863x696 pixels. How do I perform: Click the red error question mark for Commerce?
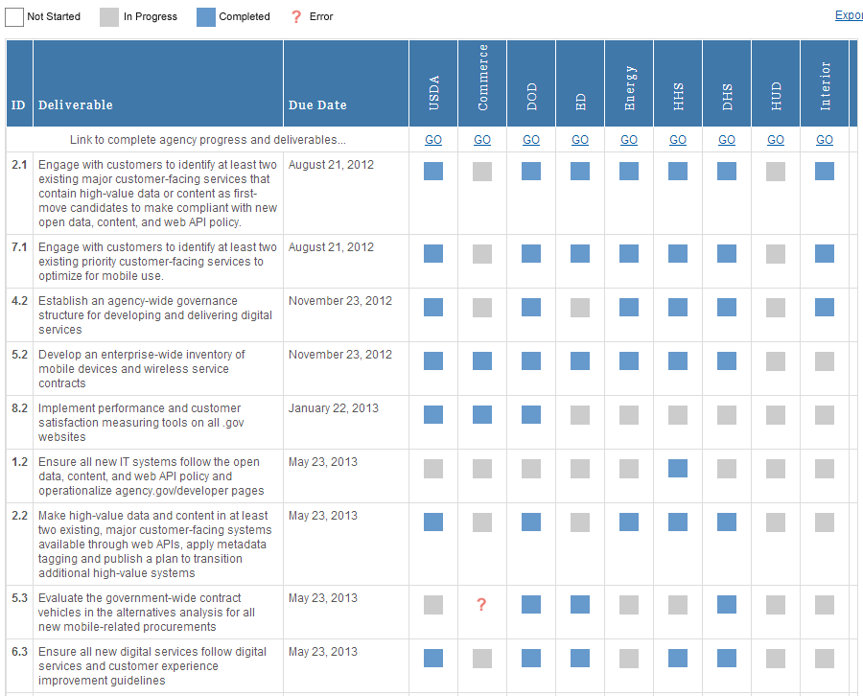point(482,605)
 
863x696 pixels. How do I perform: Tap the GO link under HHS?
point(678,140)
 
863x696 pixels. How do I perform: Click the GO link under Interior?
point(825,140)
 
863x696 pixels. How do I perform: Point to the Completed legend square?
point(206,16)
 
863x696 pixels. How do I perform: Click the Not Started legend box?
point(14,16)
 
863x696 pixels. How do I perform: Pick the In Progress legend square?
point(109,16)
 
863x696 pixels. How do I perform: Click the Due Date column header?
point(317,104)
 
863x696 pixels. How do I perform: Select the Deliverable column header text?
point(76,104)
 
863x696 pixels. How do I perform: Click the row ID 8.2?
point(19,408)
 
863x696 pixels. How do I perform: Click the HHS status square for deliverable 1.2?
point(678,469)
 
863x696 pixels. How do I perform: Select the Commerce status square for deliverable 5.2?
point(482,361)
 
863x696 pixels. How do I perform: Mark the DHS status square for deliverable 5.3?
point(727,605)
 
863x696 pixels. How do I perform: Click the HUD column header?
point(776,96)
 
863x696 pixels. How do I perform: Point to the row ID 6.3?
point(19,652)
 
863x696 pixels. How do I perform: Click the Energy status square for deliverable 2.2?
point(629,522)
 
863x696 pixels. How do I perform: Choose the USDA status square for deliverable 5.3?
point(433,605)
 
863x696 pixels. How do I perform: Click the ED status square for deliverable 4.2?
point(580,308)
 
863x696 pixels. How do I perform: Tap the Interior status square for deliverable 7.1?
point(825,254)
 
